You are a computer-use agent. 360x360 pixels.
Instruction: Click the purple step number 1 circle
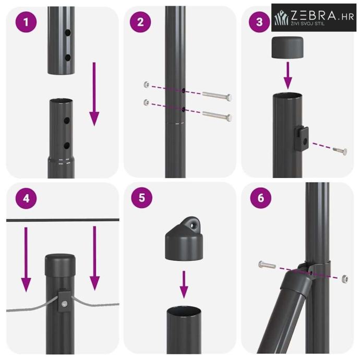[x=26, y=22]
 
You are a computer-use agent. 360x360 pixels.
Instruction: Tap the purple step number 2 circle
[x=140, y=22]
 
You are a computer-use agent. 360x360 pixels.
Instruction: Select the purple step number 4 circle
[x=26, y=198]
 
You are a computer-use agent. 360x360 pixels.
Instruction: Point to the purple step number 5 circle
[x=142, y=198]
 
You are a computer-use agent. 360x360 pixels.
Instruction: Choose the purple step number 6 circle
[x=260, y=198]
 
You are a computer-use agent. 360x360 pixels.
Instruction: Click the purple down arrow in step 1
[x=94, y=94]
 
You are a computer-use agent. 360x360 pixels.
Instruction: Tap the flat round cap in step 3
[x=287, y=47]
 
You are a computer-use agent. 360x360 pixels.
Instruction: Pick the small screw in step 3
[x=340, y=151]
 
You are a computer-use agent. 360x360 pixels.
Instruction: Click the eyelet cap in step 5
[x=184, y=238]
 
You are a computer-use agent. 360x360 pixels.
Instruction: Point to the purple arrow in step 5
[x=184, y=285]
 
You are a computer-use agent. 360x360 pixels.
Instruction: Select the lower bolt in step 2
[x=217, y=115]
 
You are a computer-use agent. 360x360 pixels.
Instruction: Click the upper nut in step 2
[x=146, y=84]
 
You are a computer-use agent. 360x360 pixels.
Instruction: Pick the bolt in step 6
[x=267, y=265]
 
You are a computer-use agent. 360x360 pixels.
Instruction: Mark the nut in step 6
[x=345, y=279]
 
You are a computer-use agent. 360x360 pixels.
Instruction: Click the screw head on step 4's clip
[x=64, y=304]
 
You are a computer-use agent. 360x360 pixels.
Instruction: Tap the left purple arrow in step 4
[x=26, y=259]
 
